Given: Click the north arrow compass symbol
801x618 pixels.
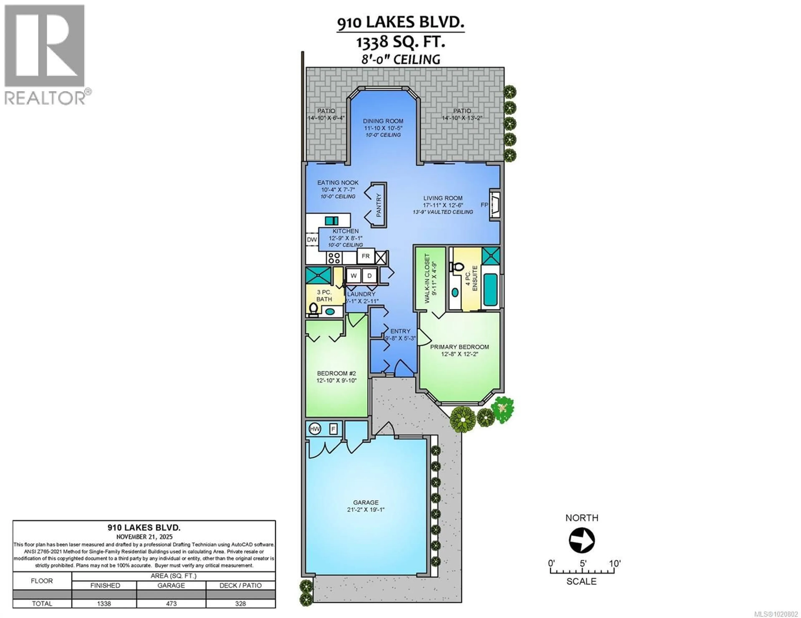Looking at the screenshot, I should point(582,540).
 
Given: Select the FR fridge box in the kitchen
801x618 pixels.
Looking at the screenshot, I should point(366,256).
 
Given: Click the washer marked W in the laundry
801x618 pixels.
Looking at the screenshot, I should point(354,276).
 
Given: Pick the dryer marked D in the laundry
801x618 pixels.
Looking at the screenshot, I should point(369,276).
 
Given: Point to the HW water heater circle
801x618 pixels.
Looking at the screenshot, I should point(315,429).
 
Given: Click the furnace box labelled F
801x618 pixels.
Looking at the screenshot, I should point(333,429).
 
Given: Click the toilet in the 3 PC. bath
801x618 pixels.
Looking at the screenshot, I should point(314,310).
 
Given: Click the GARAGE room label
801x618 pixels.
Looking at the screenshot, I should point(366,503).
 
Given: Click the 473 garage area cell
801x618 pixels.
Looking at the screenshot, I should point(171,603).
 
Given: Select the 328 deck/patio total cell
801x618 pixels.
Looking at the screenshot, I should point(240,603).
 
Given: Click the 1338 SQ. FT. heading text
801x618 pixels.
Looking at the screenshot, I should point(400,42).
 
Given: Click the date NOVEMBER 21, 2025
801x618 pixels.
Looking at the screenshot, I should point(144,537).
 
